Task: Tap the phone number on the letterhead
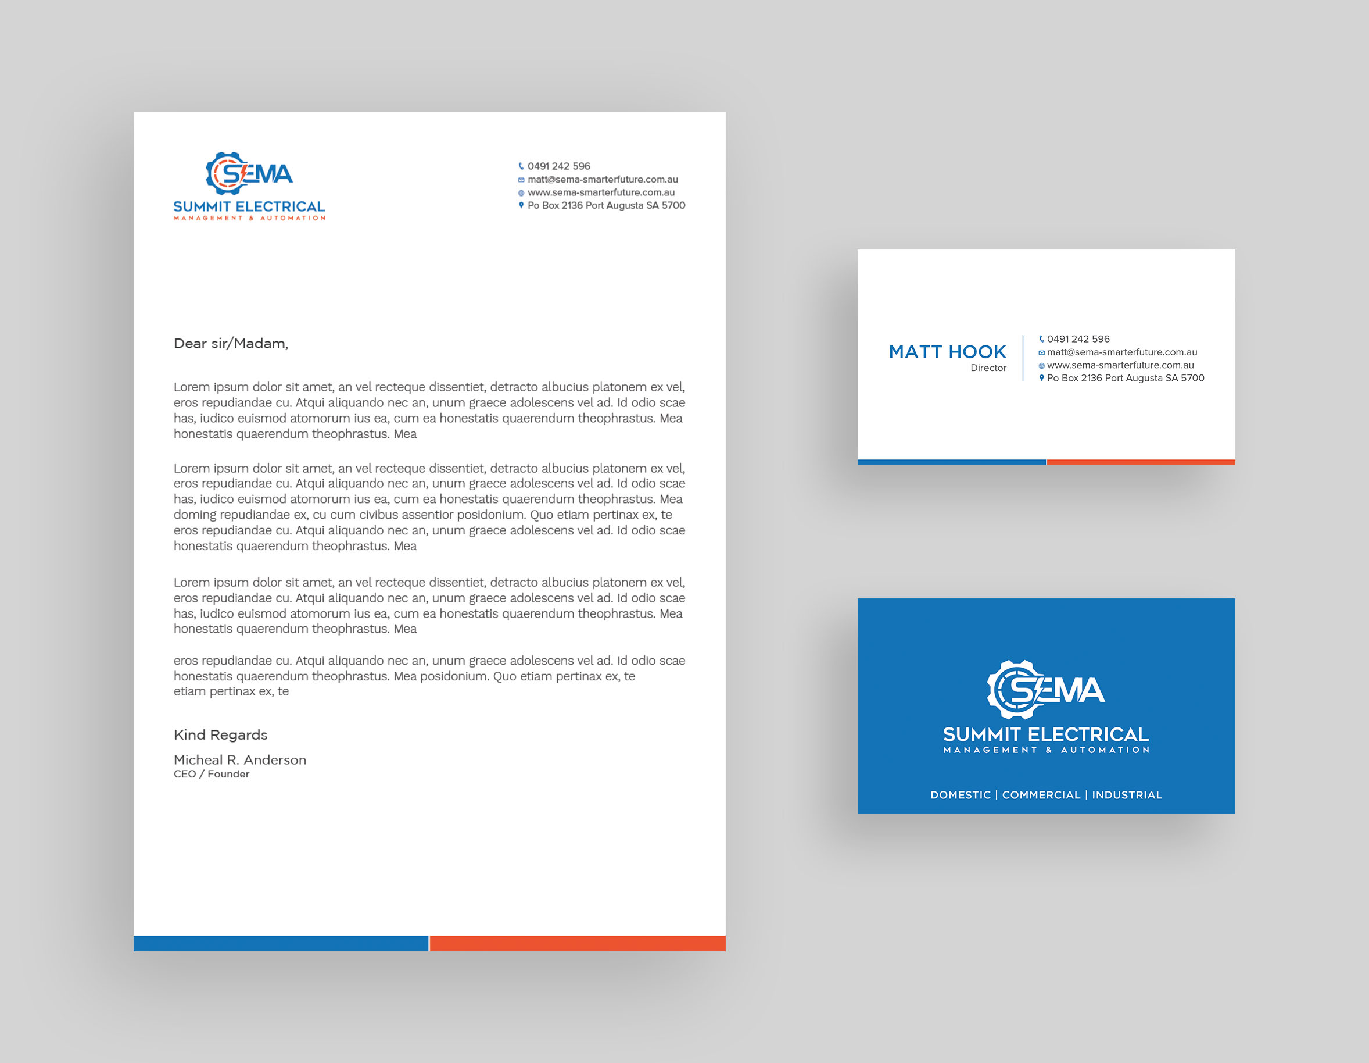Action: (x=558, y=166)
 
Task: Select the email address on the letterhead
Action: (x=603, y=179)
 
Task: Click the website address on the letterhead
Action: (x=600, y=192)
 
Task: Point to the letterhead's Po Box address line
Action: (x=606, y=206)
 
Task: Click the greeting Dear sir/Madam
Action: (x=231, y=344)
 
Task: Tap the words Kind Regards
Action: (x=221, y=735)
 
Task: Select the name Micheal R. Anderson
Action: (x=240, y=760)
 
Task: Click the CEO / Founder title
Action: (x=212, y=775)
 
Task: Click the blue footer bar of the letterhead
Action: (x=281, y=943)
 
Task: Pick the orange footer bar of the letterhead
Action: (x=578, y=943)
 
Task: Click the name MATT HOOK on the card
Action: (x=947, y=352)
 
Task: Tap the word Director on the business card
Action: (x=988, y=368)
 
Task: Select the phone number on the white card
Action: (x=1078, y=339)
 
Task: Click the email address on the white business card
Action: (x=1121, y=352)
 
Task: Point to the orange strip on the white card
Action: (x=1141, y=462)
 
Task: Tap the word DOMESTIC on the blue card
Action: (x=961, y=795)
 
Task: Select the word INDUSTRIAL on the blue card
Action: (x=1127, y=795)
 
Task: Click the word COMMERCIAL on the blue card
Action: (x=1041, y=795)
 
